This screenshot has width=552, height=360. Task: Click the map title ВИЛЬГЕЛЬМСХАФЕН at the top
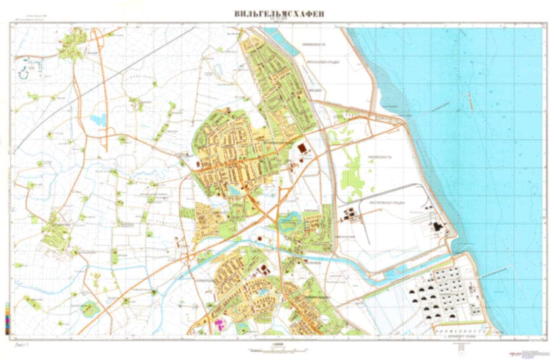279,14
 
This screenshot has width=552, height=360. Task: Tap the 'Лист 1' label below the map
22,344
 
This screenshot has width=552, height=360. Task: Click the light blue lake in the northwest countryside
98,120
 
